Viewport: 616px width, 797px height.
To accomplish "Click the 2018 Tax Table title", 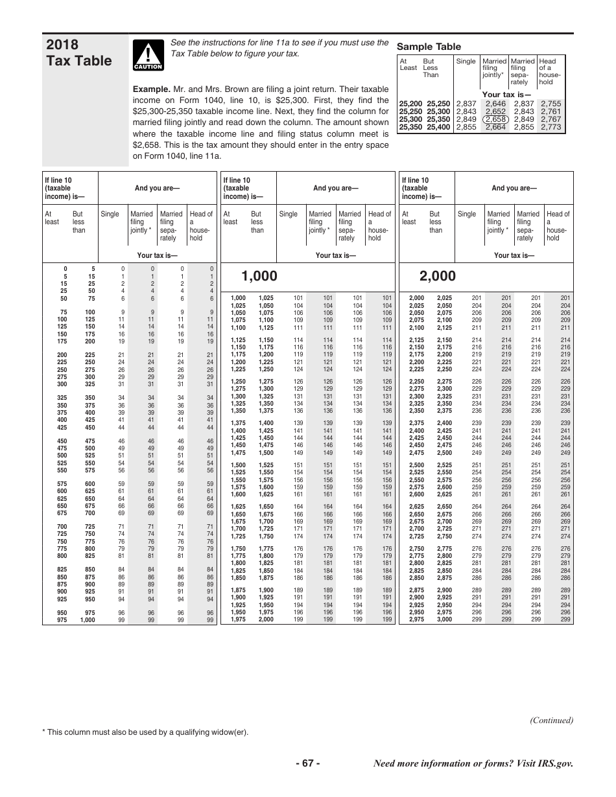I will [x=79, y=52].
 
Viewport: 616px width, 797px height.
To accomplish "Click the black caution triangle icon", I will [x=148, y=53].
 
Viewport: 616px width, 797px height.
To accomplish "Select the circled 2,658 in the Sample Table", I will [x=495, y=119].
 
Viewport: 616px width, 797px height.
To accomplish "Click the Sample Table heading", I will [x=429, y=47].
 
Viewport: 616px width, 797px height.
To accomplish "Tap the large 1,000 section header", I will [x=259, y=277].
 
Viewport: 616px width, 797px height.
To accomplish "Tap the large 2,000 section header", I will [x=438, y=277].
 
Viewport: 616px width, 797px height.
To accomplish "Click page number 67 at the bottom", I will [x=307, y=763].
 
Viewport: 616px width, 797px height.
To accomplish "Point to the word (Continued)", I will [x=551, y=720].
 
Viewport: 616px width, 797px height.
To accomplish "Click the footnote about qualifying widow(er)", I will [x=145, y=732].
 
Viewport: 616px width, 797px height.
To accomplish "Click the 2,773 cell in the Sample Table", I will [x=551, y=127].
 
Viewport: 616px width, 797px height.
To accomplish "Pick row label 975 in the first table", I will [x=62, y=620].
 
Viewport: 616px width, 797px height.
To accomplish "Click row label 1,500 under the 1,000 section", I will [x=238, y=465].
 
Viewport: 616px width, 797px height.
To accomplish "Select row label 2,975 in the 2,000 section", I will [x=416, y=620].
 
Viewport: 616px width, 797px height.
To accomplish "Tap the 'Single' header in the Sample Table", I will [x=466, y=62].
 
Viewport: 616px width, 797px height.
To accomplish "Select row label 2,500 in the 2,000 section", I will [x=416, y=465].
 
